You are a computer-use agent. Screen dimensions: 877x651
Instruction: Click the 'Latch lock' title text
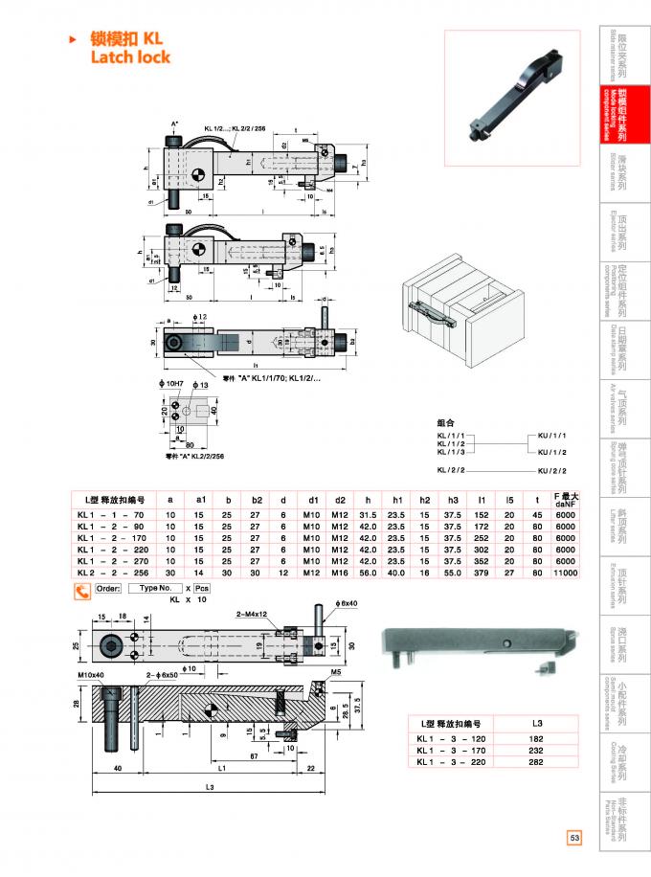[130, 57]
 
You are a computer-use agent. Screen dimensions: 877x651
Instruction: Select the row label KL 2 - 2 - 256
[109, 573]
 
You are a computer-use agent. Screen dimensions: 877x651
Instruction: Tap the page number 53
[574, 838]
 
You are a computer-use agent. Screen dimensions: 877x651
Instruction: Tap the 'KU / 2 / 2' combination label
[552, 469]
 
